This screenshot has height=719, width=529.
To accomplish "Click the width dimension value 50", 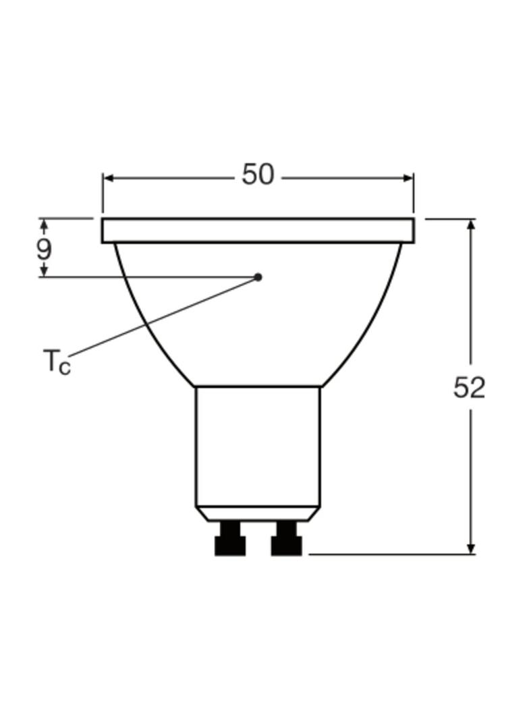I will tap(258, 175).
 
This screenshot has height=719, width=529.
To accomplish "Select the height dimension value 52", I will tap(469, 388).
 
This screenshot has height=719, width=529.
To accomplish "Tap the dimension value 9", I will tap(44, 250).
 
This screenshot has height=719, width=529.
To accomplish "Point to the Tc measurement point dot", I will tap(258, 277).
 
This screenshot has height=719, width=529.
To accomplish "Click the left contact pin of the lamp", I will tap(230, 540).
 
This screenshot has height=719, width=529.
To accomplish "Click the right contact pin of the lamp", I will tap(286, 540).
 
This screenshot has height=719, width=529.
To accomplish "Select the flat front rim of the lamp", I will tap(258, 230).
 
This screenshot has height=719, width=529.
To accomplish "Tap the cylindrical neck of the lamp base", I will tap(258, 445).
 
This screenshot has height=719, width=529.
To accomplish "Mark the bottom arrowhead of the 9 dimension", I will tap(44, 271).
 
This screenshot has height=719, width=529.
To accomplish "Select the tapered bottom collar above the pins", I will tap(258, 514).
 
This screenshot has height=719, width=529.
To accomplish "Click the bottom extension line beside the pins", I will tap(391, 554).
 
